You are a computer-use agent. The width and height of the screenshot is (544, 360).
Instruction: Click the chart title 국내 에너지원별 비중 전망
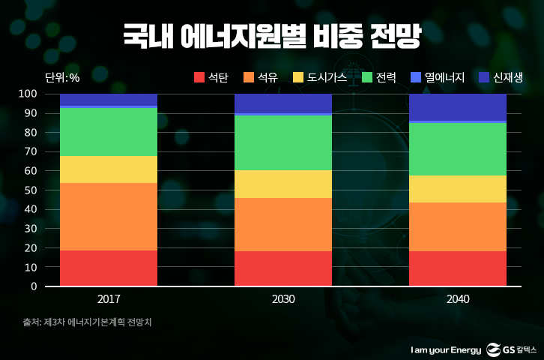(x=272, y=35)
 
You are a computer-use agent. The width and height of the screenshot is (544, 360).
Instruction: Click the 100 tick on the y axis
(x=28, y=94)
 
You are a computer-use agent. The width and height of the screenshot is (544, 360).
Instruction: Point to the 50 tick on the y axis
(x=30, y=190)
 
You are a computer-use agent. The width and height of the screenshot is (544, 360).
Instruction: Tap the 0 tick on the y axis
(x=33, y=286)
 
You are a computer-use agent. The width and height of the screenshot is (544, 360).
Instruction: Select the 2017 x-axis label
(x=109, y=299)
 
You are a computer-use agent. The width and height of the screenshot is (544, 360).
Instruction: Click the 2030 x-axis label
(x=283, y=299)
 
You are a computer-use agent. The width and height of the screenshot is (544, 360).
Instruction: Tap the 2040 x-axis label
(x=458, y=299)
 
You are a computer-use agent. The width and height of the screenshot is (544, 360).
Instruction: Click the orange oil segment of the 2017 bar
(x=109, y=217)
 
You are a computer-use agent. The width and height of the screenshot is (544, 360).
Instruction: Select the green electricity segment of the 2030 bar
(x=283, y=142)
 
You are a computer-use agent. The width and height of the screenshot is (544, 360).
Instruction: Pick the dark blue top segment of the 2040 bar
(x=458, y=106)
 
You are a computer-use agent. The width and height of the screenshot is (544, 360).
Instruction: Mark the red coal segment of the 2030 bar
(x=283, y=268)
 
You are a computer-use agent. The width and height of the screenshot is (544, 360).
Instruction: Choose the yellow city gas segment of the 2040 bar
(x=458, y=189)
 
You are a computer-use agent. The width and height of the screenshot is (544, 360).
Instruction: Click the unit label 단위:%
(x=62, y=77)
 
